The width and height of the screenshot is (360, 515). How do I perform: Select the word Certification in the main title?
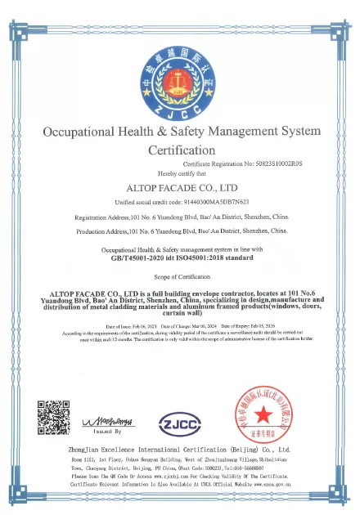click(x=181, y=150)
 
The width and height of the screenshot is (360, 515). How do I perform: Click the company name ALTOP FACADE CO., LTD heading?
click(x=180, y=187)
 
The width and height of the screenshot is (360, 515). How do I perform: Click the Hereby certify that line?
click(x=180, y=174)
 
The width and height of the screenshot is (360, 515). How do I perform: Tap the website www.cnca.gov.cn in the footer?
click(x=281, y=484)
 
